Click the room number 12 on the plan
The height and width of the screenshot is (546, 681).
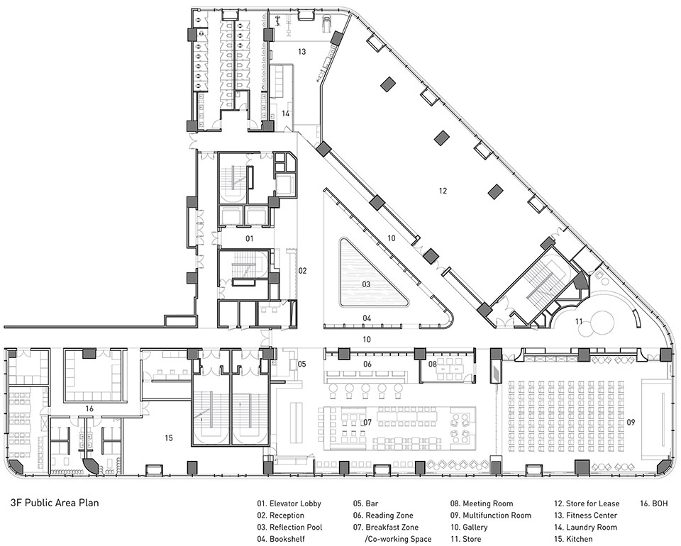[x=443, y=191]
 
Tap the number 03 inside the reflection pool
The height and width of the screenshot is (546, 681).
[x=366, y=284]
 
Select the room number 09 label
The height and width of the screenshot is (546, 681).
[x=631, y=421]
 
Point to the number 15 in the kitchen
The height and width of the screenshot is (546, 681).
[x=169, y=438]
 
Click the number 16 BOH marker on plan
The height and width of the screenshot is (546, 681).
[x=89, y=408]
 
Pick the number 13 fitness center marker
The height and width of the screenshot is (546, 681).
[x=302, y=52]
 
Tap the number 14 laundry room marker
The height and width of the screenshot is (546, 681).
[x=285, y=113]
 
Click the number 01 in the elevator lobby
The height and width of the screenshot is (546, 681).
[x=249, y=238]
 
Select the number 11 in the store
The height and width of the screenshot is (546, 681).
[x=579, y=322]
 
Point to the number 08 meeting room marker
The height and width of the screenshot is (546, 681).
[x=432, y=364]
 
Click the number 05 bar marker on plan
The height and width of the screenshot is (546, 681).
[x=302, y=364]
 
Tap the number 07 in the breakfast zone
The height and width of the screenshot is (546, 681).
[x=367, y=421]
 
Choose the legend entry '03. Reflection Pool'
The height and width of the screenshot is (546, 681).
[x=289, y=528]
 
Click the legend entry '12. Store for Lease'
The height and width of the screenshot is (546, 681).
[x=587, y=504]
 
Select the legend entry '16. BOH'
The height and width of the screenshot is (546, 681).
[x=653, y=504]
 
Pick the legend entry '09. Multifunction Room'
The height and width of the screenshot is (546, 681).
[x=491, y=516]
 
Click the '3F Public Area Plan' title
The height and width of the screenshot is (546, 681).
[x=55, y=503]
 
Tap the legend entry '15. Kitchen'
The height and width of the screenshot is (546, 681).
[x=573, y=539]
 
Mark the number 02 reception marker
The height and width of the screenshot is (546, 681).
[x=302, y=271]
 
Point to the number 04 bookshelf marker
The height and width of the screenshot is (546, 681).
[x=367, y=318]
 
